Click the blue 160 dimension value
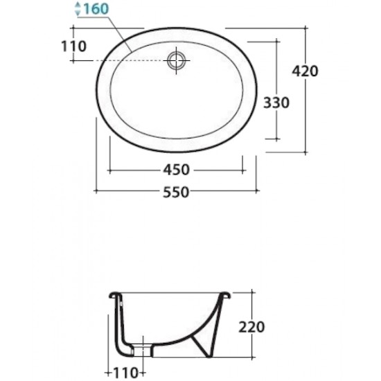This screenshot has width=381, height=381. [96, 9]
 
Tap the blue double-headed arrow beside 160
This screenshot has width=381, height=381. [78, 9]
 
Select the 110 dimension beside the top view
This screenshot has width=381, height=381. [73, 46]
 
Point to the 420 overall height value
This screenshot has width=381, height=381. [305, 71]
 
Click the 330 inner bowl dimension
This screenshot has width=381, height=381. [276, 103]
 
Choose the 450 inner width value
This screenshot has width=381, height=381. [176, 170]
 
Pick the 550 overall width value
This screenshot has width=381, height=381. [176, 192]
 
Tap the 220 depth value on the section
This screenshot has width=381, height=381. [251, 327]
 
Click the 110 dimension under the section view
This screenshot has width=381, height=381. [125, 372]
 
